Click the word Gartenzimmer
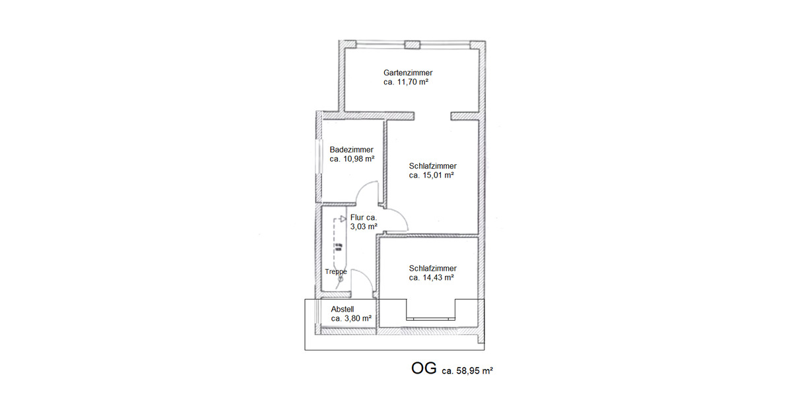[x=408, y=73]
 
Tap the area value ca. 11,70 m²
[x=406, y=82]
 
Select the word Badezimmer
[x=351, y=150]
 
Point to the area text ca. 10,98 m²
[x=352, y=159]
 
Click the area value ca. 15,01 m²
[x=432, y=176]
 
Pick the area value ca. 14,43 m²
[x=432, y=278]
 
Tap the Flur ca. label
[x=364, y=217]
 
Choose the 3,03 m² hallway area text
[x=364, y=226]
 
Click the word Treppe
[x=336, y=271]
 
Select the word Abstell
[x=343, y=308]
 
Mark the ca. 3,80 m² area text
[x=351, y=318]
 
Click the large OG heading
[x=424, y=369]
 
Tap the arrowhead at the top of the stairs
[x=343, y=219]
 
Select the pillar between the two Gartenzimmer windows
[x=412, y=45]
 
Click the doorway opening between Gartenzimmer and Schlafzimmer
[x=432, y=117]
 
